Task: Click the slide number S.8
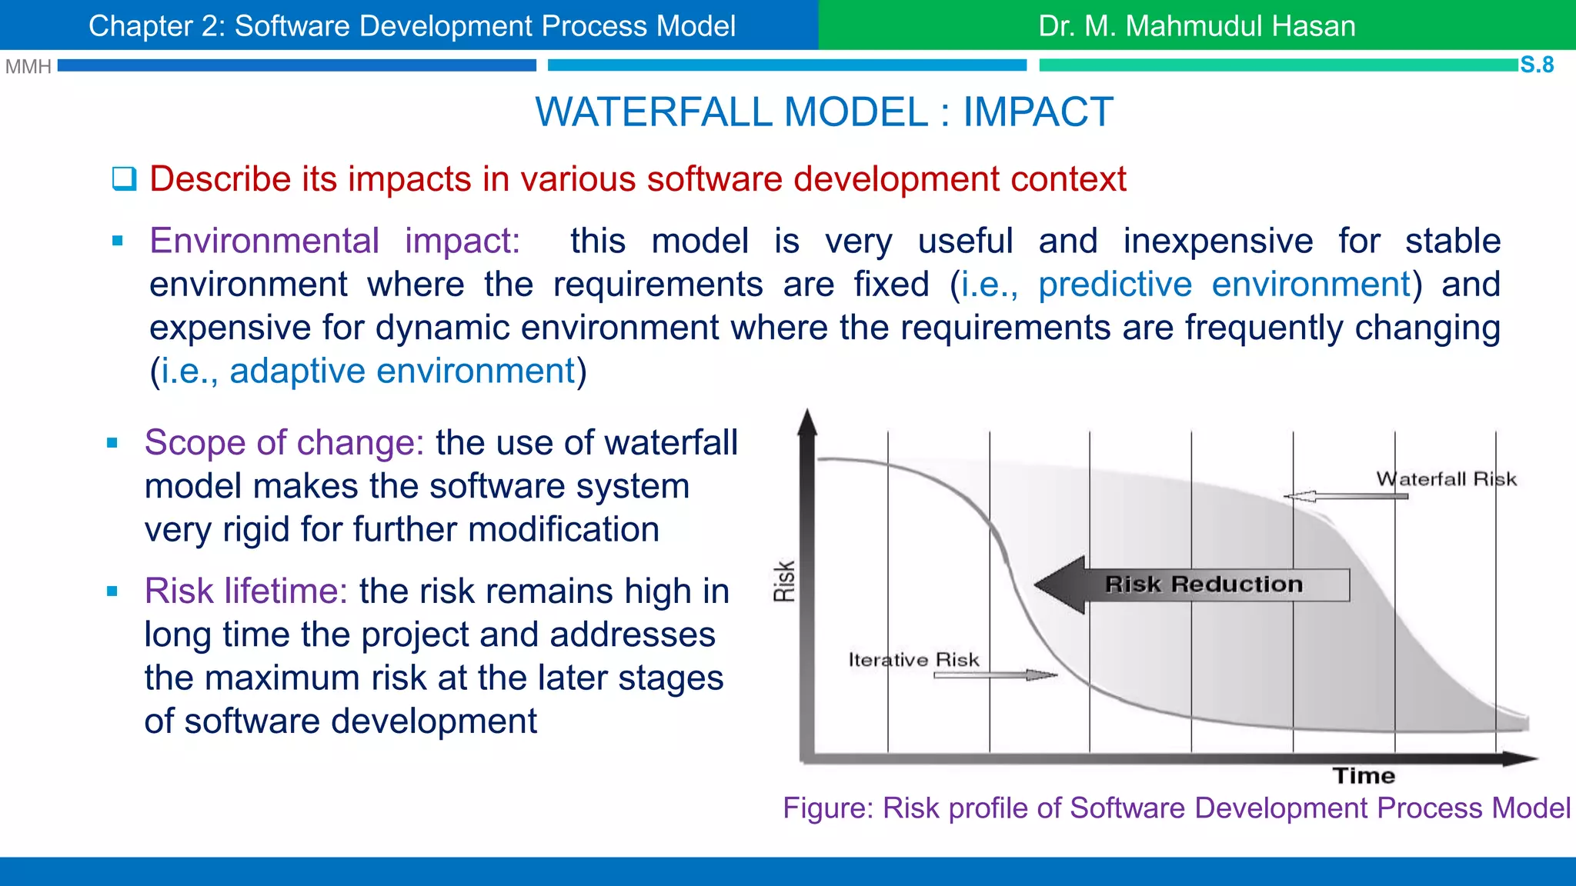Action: tap(1537, 65)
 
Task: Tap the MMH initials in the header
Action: tap(28, 67)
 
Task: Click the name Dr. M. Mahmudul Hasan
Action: tap(1197, 26)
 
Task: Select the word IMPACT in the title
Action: tap(1038, 112)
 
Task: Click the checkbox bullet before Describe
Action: tap(124, 179)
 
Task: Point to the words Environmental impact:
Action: tap(335, 241)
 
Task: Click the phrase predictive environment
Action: tap(1224, 285)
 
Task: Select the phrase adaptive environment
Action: tap(402, 371)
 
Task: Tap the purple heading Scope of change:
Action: tap(284, 443)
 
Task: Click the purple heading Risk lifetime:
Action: tap(245, 591)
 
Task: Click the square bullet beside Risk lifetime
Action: tap(112, 591)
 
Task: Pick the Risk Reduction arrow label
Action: tap(1204, 585)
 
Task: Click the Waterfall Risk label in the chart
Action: tap(1446, 479)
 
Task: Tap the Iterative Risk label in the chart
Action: tap(913, 660)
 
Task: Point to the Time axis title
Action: tap(1364, 775)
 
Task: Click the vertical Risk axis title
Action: tap(784, 581)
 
